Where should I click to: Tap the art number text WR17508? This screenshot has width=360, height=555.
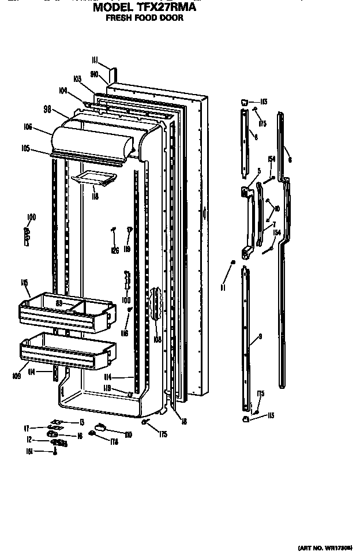pyautogui.click(x=340, y=547)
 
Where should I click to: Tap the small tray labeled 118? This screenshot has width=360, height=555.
pyautogui.click(x=90, y=180)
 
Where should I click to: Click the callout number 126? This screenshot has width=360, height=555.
pyautogui.click(x=115, y=250)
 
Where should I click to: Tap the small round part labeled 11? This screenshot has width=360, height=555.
pyautogui.click(x=232, y=262)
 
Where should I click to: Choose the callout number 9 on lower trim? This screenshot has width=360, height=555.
pyautogui.click(x=260, y=336)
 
